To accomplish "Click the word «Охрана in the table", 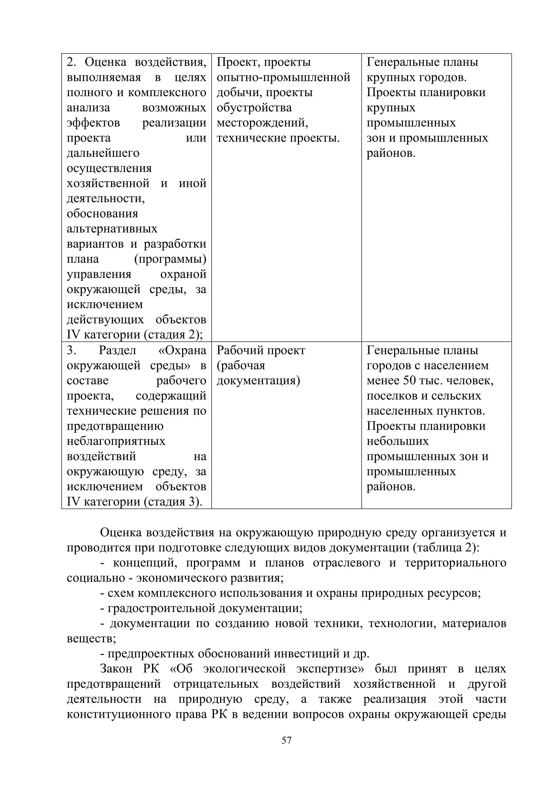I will coord(182,350).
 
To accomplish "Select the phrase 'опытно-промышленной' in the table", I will coord(283,77).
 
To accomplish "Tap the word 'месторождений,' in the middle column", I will coord(262,123).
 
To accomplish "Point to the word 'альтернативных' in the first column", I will coord(112,229).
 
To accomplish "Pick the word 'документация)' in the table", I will coord(258,381).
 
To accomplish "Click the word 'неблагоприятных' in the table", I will coord(116,441).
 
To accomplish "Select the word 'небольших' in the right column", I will coord(397,441).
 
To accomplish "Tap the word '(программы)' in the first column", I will coord(170,259).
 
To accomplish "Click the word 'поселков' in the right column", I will coord(390,396).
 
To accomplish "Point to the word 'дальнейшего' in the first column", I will coord(103,153).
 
